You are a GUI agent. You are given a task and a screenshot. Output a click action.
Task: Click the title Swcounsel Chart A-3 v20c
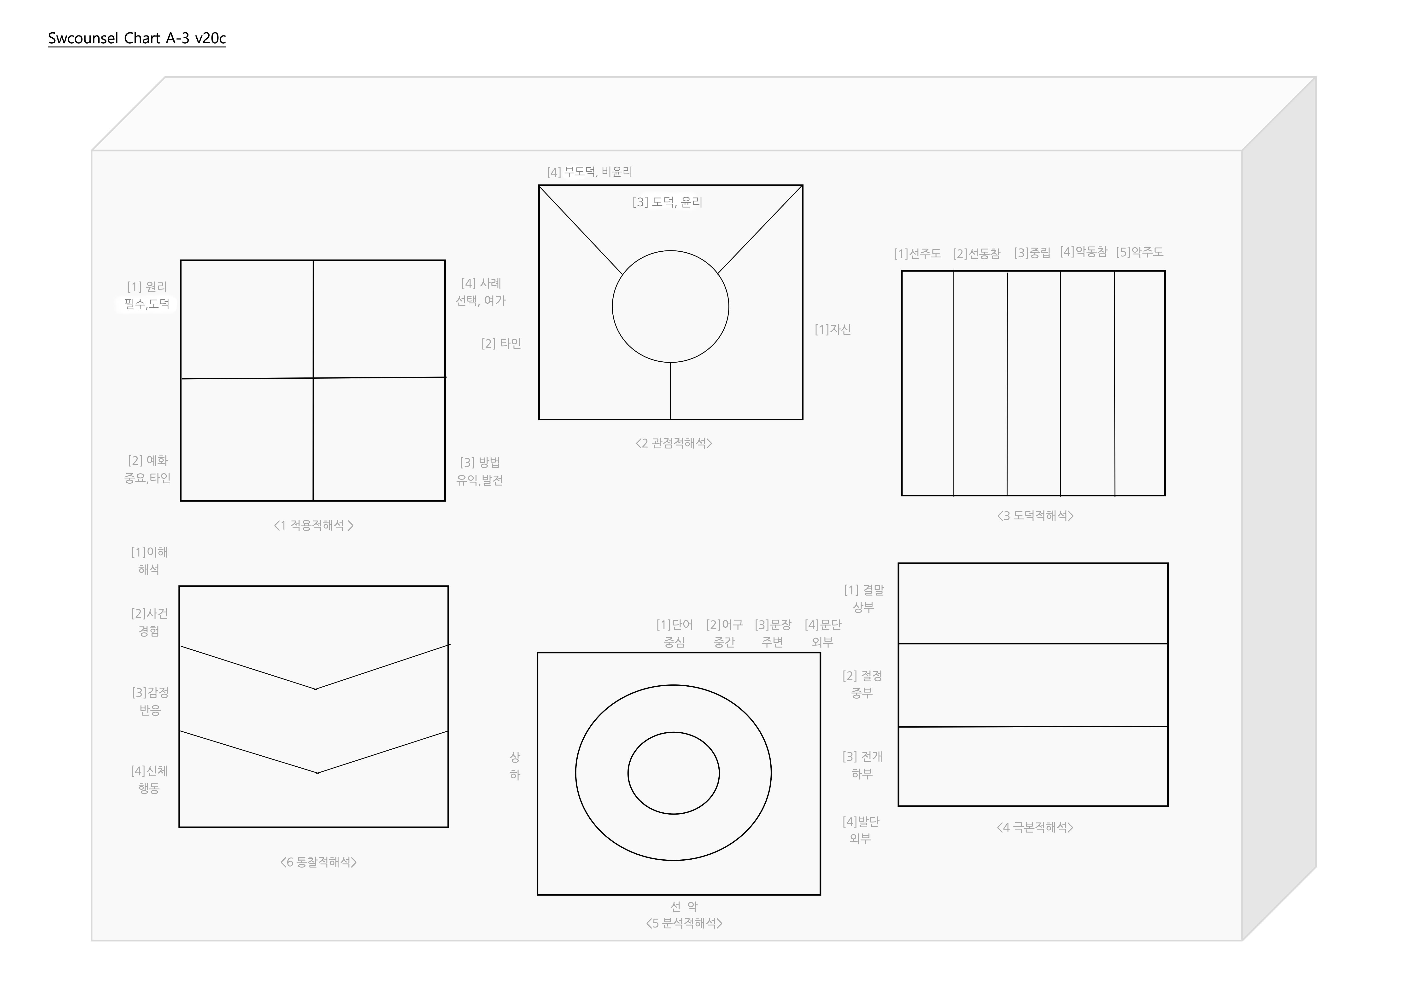[x=137, y=38]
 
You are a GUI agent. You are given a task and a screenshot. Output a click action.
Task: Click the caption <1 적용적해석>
[x=314, y=526]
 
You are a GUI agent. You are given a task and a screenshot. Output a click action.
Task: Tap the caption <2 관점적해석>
[x=674, y=443]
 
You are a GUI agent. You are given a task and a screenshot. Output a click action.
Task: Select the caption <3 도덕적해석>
[x=1036, y=516]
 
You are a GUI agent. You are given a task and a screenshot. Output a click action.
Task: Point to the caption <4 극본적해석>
[x=1035, y=828]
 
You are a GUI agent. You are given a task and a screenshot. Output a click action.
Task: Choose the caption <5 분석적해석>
[x=685, y=923]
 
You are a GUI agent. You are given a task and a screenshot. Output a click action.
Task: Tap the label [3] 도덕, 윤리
[x=667, y=202]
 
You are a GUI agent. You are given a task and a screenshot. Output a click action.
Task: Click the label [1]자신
[x=833, y=330]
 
